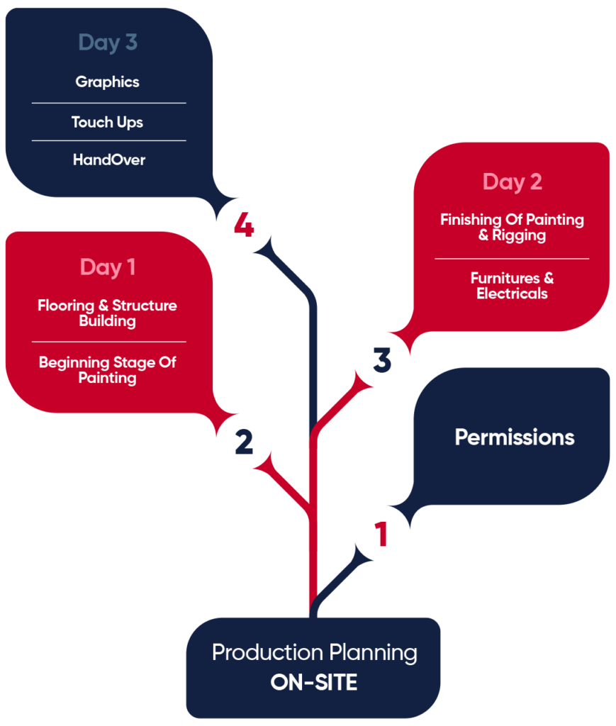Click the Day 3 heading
[x=108, y=43]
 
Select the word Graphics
[x=108, y=82]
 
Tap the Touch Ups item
[x=108, y=122]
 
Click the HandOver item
[x=108, y=160]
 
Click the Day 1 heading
[x=108, y=267]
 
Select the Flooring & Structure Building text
[x=108, y=313]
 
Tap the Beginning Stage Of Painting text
[x=108, y=369]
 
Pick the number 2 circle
[x=243, y=442]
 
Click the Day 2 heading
[x=512, y=181]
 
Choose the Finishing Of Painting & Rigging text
[x=512, y=227]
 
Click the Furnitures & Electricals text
[x=512, y=285]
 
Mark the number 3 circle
[x=382, y=362]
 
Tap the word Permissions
[x=514, y=437]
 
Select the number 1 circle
[x=381, y=535]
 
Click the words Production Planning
[x=314, y=652]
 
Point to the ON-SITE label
[x=314, y=682]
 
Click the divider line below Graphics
[x=108, y=103]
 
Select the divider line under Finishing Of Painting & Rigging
[x=512, y=259]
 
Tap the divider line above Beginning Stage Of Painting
[x=108, y=342]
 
